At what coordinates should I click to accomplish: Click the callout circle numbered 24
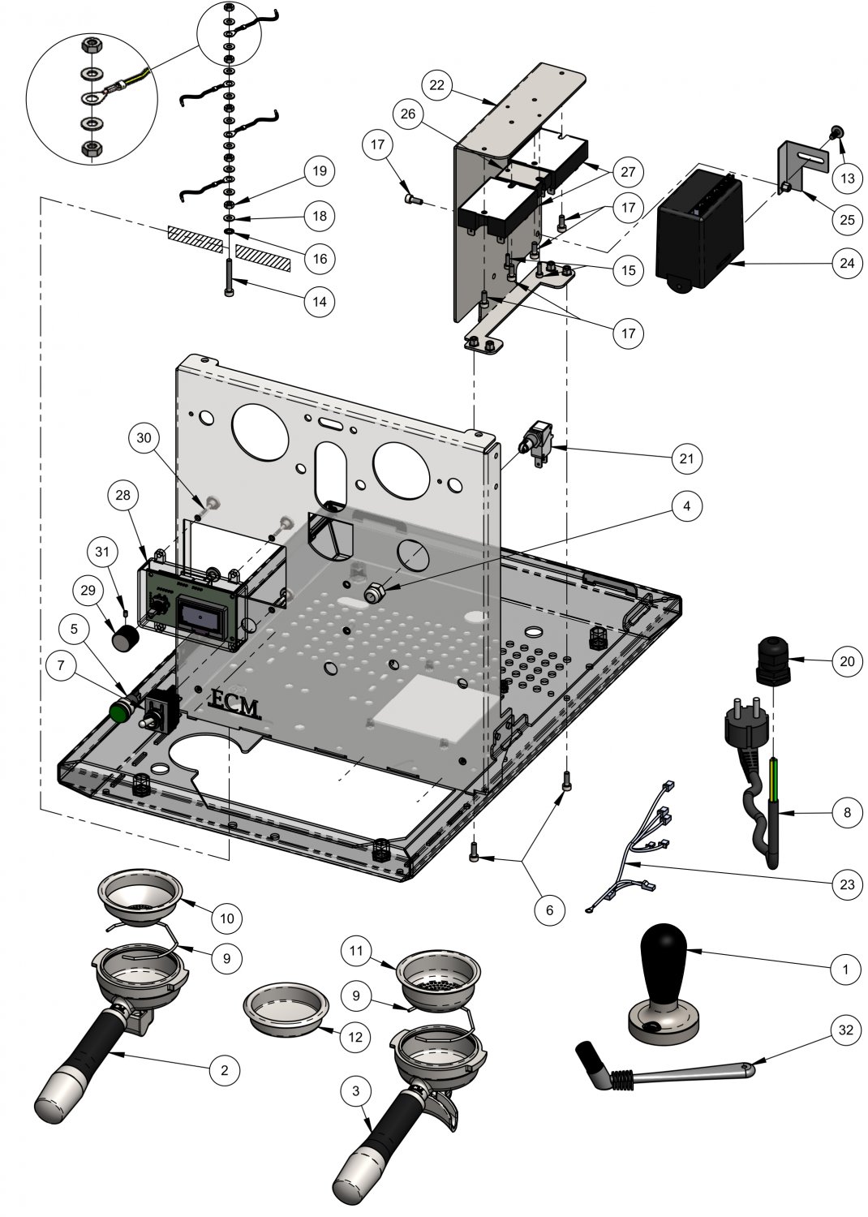coord(847,264)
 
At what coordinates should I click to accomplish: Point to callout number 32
coord(847,1030)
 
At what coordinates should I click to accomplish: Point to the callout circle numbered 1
coord(846,969)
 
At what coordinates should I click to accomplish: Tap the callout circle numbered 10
coord(226,918)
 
